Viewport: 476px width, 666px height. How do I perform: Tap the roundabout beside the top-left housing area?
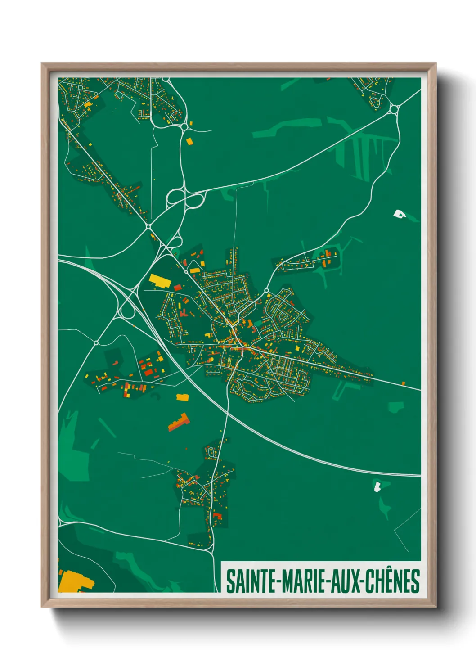coord(184,127)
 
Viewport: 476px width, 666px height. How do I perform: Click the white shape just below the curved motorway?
coord(377,486)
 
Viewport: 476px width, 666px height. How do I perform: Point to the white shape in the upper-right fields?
coord(399,214)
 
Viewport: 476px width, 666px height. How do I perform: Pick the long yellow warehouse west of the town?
coord(158,280)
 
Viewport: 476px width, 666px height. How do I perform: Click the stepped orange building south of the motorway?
coord(179,422)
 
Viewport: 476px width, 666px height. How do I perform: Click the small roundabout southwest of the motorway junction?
coord(96,343)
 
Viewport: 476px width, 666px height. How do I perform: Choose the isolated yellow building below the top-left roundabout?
coord(189,141)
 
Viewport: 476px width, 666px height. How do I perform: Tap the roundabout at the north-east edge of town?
coord(267,290)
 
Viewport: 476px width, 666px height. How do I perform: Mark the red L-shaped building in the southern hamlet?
coord(217,516)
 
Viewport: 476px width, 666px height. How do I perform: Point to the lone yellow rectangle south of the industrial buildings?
coord(182,397)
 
